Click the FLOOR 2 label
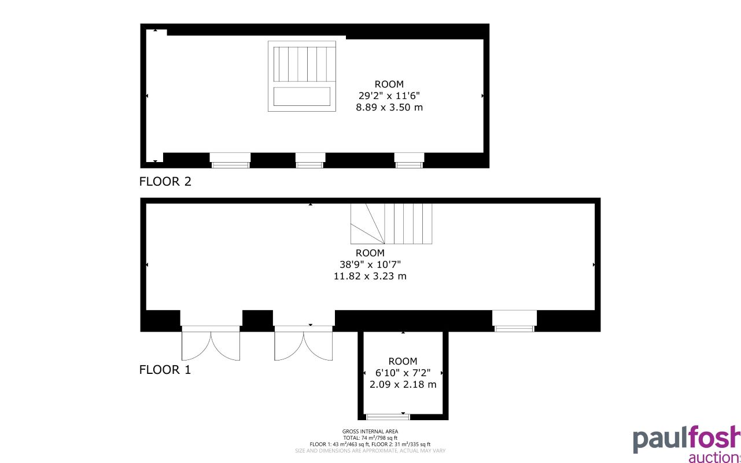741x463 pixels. (x=165, y=182)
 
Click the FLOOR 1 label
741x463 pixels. (x=165, y=370)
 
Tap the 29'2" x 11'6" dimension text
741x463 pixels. (x=389, y=95)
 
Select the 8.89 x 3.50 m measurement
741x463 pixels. (x=389, y=107)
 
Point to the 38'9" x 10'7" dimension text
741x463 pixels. (x=370, y=264)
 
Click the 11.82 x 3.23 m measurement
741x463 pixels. (x=370, y=276)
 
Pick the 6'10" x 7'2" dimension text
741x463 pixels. (x=403, y=373)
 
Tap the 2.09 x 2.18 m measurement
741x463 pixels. (x=403, y=384)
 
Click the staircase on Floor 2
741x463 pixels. (x=302, y=76)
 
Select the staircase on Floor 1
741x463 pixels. (x=392, y=223)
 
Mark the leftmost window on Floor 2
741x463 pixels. (x=230, y=161)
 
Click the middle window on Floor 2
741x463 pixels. (x=310, y=161)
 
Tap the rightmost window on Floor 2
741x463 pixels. (x=409, y=161)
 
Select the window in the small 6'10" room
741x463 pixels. (x=388, y=416)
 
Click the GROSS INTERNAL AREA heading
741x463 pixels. (x=370, y=431)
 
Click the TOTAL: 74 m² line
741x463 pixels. (x=370, y=438)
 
